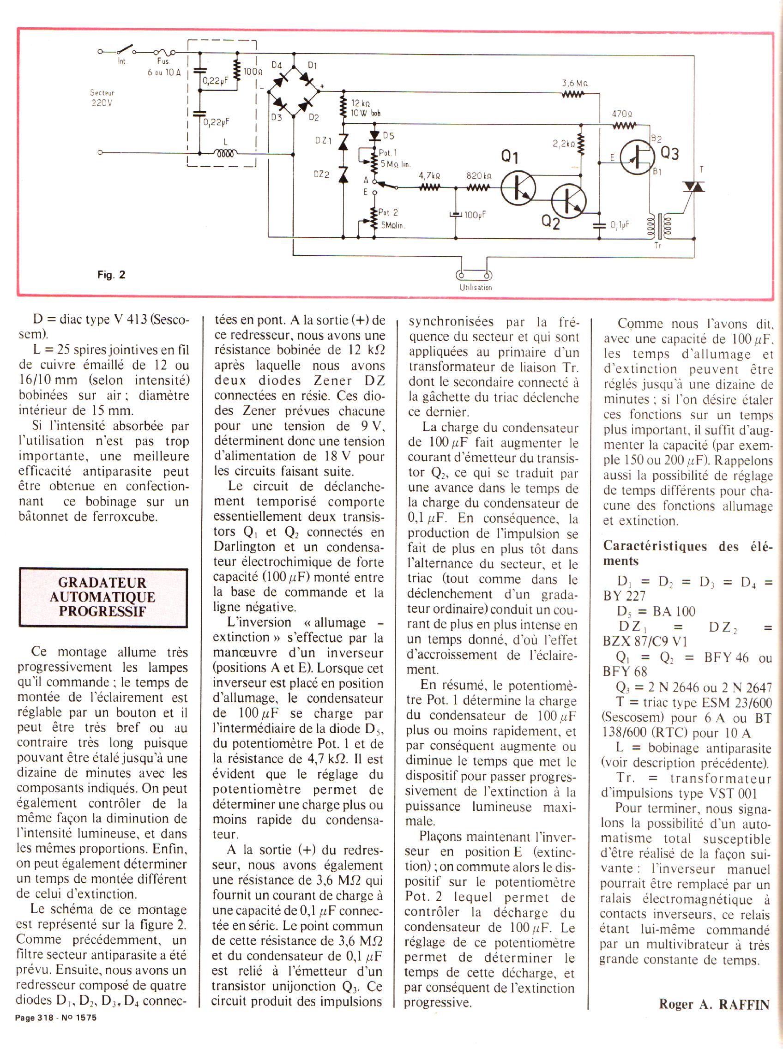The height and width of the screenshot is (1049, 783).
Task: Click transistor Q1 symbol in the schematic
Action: (x=518, y=188)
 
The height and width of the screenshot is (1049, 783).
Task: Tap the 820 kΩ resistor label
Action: (x=479, y=176)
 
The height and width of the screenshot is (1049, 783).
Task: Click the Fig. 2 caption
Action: (x=112, y=275)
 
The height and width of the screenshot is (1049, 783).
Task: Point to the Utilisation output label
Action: (x=476, y=287)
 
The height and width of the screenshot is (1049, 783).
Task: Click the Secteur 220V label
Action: (x=103, y=97)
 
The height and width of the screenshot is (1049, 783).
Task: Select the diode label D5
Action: (x=388, y=136)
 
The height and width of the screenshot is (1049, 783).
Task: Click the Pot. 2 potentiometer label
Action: (x=388, y=212)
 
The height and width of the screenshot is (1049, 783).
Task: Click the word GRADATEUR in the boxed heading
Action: (x=102, y=583)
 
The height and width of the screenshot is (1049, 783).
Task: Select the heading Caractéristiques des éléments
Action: (x=687, y=553)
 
